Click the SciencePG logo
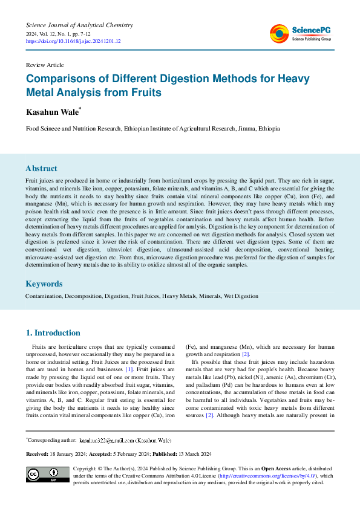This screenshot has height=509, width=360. (x=300, y=34)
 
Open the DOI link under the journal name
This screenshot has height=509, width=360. (x=73, y=41)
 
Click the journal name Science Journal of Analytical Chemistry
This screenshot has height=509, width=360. (x=79, y=25)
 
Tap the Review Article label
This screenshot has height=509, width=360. (x=45, y=65)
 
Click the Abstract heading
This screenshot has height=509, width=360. (x=42, y=169)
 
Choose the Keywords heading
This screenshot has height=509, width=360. (x=44, y=284)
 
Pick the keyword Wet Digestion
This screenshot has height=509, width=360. (x=241, y=296)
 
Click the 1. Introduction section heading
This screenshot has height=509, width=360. (x=53, y=332)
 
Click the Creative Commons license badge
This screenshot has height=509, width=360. (x=47, y=475)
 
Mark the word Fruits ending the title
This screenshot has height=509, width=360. (x=146, y=93)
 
